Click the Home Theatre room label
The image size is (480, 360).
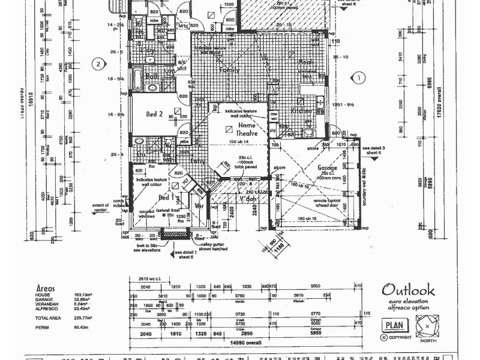(x=239, y=129)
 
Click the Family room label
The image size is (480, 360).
(x=213, y=70)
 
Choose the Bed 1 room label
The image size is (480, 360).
(x=166, y=197)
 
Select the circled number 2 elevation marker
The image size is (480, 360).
(x=97, y=64)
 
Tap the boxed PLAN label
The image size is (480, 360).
(x=394, y=325)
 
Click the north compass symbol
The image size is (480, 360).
(x=427, y=326)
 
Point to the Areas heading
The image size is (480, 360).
(x=46, y=288)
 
